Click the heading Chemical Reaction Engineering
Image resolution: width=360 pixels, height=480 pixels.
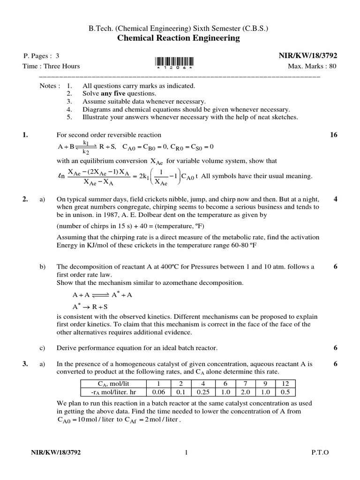[x=180, y=38]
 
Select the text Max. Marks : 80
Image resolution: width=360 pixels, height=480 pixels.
[x=312, y=66]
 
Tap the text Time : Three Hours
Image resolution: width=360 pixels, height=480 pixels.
[x=52, y=66]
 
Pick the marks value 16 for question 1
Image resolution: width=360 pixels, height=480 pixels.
[x=333, y=135]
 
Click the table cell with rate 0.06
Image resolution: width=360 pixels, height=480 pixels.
[x=160, y=391]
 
